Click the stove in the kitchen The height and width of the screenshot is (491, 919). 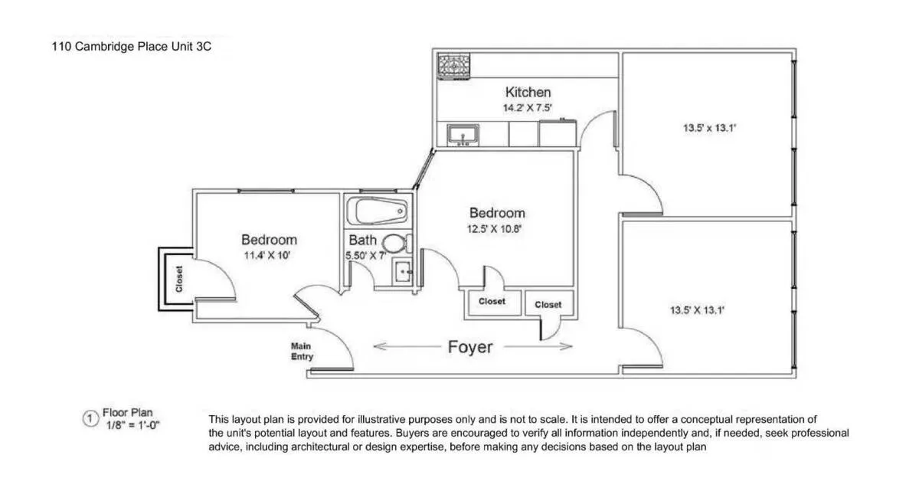tap(454, 66)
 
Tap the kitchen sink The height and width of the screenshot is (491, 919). tap(463, 136)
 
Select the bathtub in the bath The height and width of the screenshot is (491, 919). tap(376, 209)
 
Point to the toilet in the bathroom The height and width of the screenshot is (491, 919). tap(394, 244)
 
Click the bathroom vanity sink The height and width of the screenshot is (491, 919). tap(403, 270)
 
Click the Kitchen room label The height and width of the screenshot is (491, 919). tap(528, 93)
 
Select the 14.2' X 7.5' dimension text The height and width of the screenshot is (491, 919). tap(528, 108)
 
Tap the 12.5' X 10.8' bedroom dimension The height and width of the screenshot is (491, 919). tap(497, 228)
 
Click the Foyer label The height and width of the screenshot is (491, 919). tap(470, 347)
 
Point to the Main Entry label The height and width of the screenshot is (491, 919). tap(302, 352)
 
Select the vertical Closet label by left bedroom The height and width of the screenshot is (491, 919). tap(179, 280)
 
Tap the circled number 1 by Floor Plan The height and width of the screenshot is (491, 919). tap(90, 418)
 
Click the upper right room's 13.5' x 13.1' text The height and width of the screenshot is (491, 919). tap(709, 129)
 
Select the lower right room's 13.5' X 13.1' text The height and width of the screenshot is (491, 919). tap(698, 310)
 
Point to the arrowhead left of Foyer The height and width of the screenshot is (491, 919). tap(378, 347)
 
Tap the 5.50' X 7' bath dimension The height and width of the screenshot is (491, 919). tap(366, 256)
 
